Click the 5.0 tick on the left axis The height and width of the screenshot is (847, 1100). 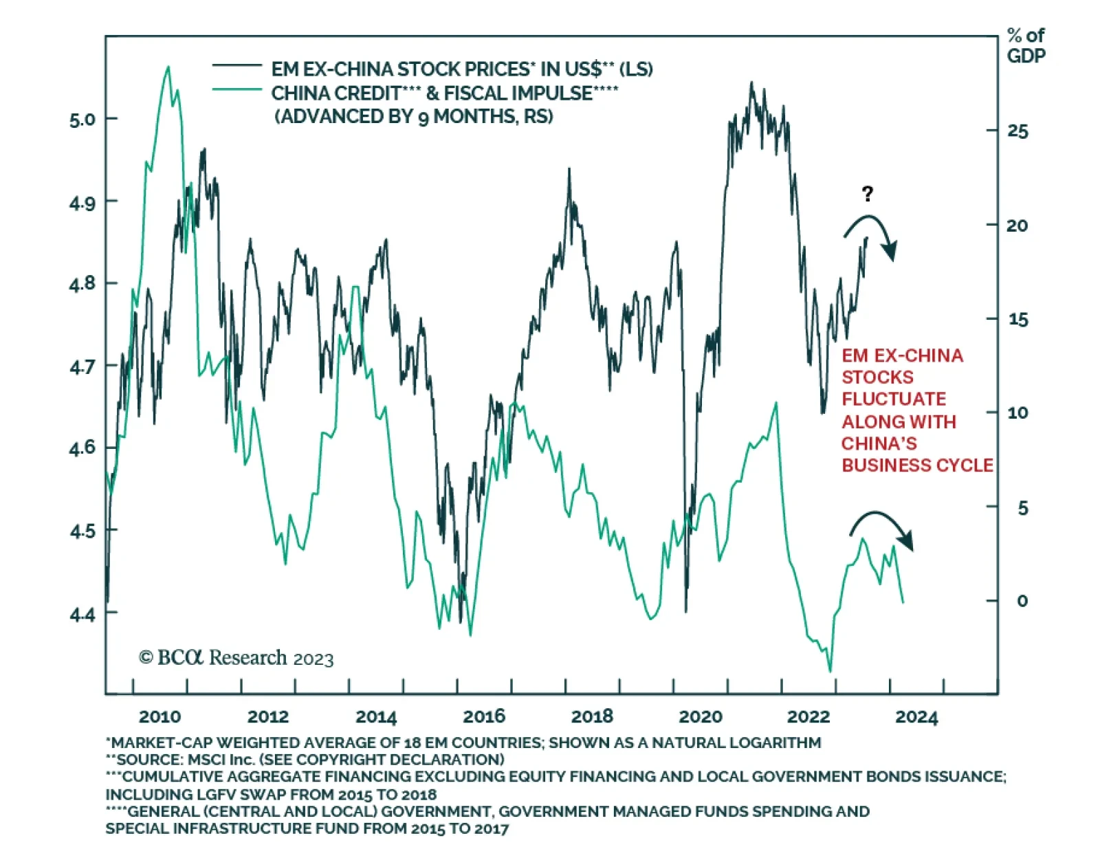82,120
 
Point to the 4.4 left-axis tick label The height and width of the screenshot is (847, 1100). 82,613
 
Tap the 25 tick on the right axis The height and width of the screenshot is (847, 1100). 1017,131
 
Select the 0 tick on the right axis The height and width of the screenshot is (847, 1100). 1022,601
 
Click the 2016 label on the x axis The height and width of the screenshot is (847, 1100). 484,716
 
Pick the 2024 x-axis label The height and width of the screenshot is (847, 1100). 916,717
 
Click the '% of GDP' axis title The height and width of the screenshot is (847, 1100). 1026,45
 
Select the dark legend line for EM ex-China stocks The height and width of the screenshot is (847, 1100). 236,66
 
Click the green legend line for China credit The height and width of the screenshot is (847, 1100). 236,89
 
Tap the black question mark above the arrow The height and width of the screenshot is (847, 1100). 868,194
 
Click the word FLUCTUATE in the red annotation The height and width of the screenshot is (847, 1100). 894,399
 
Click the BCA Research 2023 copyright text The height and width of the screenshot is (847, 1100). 236,658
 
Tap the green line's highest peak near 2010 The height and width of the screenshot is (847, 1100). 168,67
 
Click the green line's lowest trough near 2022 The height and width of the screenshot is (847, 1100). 830,671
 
